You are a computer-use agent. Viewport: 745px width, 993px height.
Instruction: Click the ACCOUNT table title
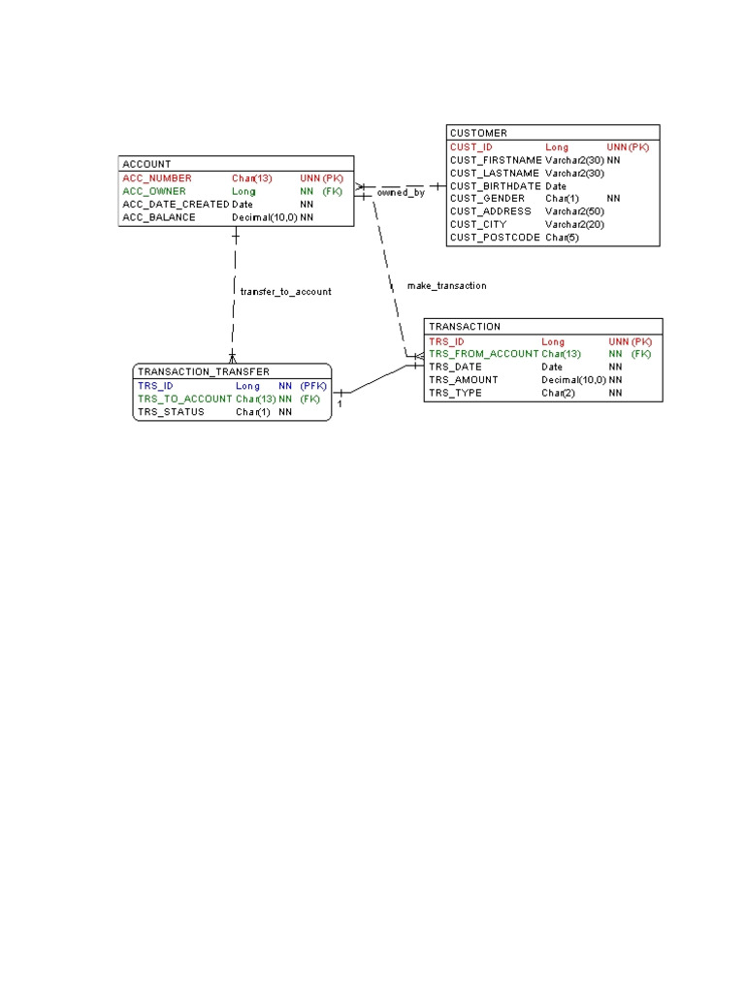[146, 164]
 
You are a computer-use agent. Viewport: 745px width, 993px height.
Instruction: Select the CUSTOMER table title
[478, 133]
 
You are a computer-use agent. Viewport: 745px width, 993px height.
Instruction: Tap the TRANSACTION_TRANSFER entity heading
[204, 371]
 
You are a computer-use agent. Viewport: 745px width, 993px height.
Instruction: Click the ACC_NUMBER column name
[157, 178]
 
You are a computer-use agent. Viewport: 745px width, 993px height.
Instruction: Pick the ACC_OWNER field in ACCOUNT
[154, 191]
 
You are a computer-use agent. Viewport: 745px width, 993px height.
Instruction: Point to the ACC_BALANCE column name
[159, 217]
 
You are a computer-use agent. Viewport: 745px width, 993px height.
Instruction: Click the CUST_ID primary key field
[470, 147]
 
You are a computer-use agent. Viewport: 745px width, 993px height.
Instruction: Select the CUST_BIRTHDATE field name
[496, 186]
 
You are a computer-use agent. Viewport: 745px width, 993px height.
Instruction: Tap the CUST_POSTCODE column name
[495, 238]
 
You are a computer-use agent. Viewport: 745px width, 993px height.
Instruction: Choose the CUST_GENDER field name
[487, 198]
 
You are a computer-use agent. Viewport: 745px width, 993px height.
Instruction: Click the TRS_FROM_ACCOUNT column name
[483, 354]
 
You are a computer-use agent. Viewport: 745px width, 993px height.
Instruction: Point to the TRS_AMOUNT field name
[463, 380]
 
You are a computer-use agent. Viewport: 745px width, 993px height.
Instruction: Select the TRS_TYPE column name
[455, 393]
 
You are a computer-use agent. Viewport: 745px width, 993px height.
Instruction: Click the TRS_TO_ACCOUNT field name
[185, 399]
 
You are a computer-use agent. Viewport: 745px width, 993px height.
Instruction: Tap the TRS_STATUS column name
[171, 411]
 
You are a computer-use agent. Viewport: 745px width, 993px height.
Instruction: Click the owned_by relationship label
[401, 193]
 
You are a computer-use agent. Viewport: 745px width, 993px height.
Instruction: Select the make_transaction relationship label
[446, 286]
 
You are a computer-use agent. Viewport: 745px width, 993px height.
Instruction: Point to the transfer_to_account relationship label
[286, 291]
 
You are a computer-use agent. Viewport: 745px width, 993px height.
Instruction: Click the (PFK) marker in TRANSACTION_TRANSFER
[313, 386]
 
